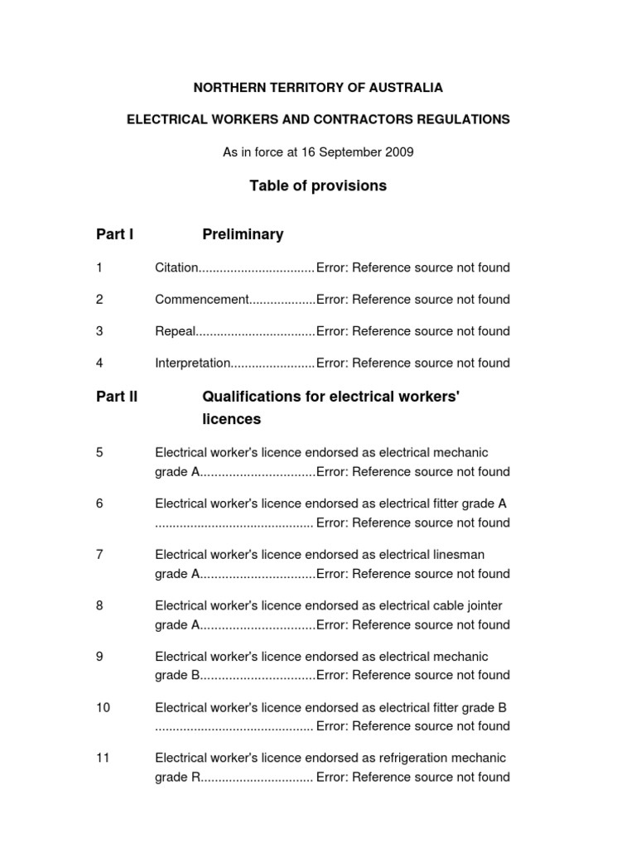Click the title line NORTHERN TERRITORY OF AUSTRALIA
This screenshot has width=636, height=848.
[318, 87]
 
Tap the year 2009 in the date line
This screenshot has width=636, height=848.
[398, 152]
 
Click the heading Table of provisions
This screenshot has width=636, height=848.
[318, 186]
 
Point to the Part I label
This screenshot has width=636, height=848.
[114, 234]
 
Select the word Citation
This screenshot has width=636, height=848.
[176, 267]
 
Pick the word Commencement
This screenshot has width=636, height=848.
[201, 300]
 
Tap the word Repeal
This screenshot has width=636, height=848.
[175, 331]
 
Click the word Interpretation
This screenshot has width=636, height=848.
[191, 363]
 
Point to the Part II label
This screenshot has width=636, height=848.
[117, 397]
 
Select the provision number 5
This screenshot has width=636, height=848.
[99, 452]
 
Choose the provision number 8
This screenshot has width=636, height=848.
[99, 605]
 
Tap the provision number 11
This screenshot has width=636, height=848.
[103, 758]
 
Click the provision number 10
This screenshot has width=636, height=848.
[103, 707]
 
